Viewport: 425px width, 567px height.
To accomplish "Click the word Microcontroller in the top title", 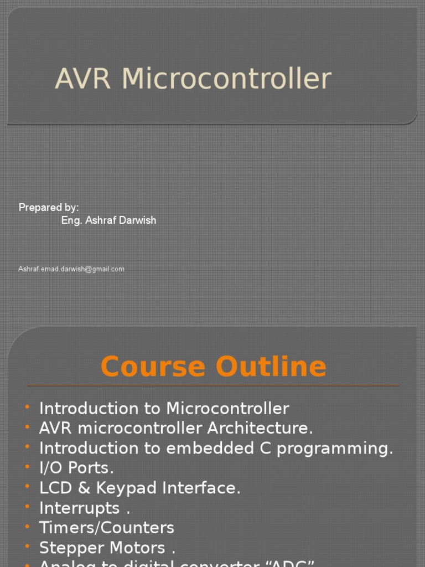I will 226,79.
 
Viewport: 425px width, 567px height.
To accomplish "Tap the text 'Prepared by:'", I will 49,208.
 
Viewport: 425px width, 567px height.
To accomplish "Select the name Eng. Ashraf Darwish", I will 108,220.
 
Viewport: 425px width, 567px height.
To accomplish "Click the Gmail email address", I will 71,269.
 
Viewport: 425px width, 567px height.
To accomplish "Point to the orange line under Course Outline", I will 212,385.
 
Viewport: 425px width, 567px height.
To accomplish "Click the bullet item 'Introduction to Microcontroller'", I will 164,409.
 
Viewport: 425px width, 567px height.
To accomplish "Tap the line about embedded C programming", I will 216,449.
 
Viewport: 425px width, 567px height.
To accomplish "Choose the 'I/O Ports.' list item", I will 76,468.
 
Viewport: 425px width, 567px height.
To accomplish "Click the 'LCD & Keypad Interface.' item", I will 139,488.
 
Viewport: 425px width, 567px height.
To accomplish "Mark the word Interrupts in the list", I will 79,508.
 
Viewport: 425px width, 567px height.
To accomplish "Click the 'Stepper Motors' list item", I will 102,548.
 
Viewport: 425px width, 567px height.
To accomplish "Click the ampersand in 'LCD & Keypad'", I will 84,488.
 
